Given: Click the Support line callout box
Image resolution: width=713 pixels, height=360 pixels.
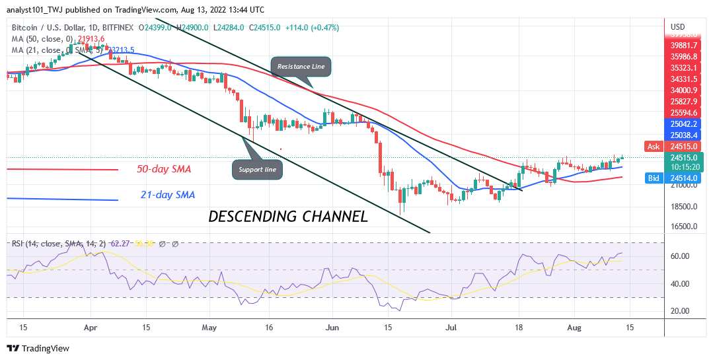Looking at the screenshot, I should coord(258,170).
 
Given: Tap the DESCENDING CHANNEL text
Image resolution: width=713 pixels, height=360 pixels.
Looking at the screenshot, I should coord(288,216).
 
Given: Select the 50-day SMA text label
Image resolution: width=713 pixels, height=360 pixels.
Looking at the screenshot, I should coord(164,170).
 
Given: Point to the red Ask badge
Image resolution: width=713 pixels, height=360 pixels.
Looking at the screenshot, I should coord(654,146).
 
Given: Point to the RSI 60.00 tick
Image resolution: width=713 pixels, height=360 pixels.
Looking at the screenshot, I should coord(680,256).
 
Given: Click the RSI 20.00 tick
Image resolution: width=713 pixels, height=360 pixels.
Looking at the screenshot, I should coord(680,311).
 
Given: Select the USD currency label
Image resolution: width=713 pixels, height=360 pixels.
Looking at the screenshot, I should coord(678,27).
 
